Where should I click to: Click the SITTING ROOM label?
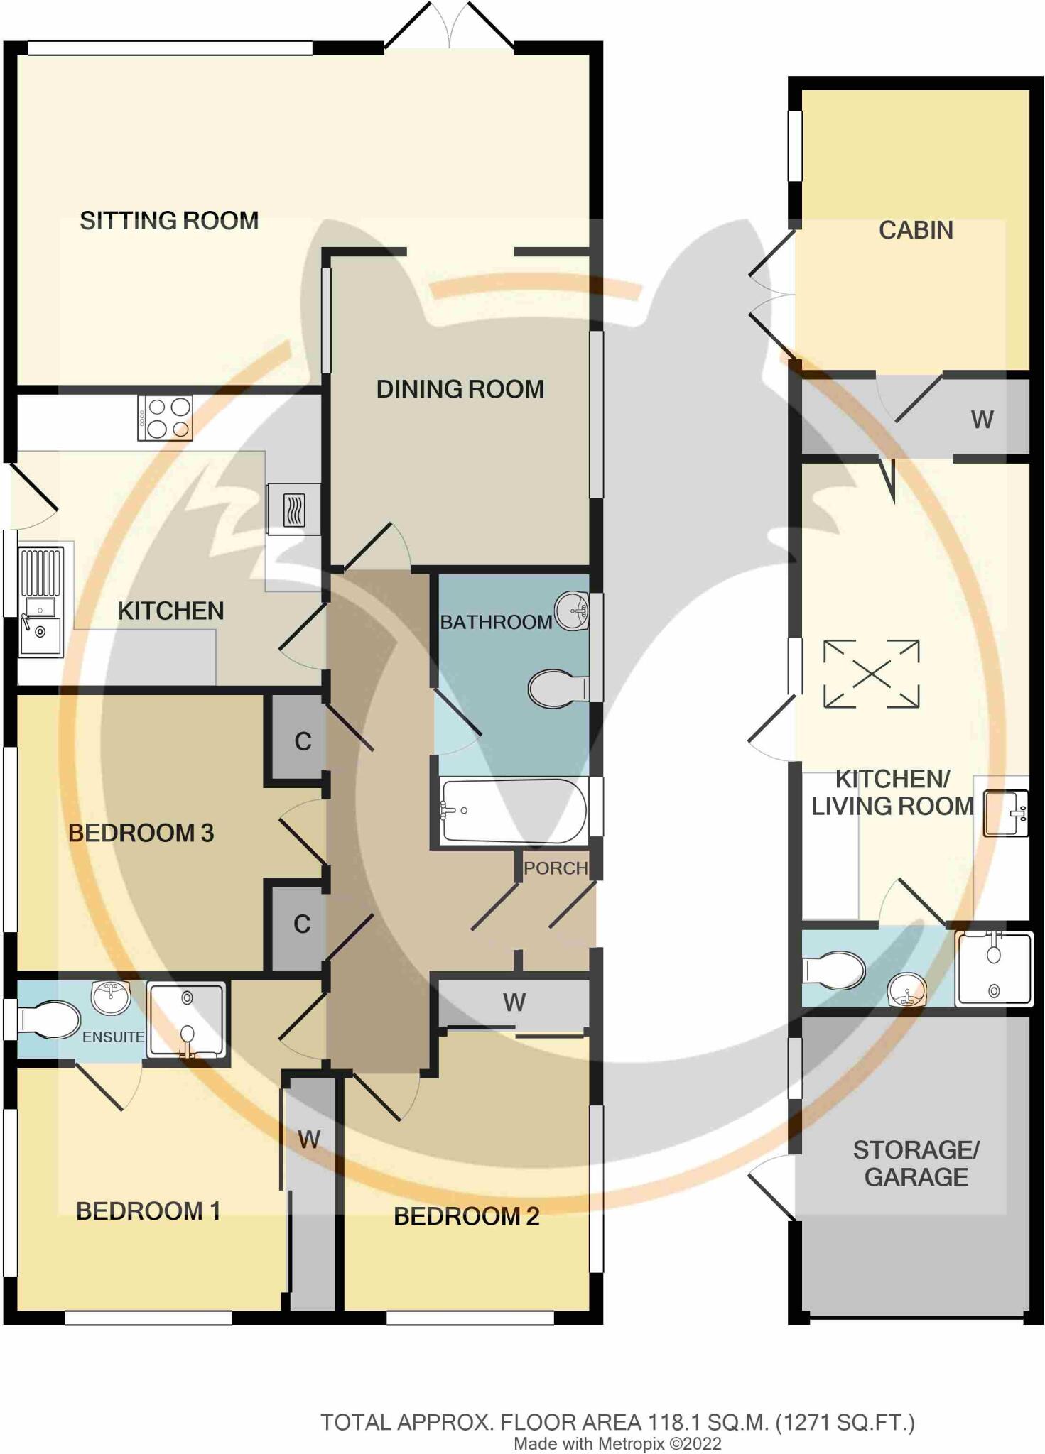169,221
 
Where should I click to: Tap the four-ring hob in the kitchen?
166,418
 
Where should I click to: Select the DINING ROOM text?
460,389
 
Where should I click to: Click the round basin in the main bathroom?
573,611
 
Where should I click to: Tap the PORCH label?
556,868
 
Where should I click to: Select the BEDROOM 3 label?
141,833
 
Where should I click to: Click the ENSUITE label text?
113,1037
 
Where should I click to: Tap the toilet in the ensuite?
48,1020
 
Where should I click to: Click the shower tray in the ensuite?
187,1020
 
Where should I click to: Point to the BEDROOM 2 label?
466,1216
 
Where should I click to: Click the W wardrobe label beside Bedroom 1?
309,1139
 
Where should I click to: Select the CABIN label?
916,230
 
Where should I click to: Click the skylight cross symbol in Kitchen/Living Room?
872,674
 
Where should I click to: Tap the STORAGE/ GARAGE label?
916,1163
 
